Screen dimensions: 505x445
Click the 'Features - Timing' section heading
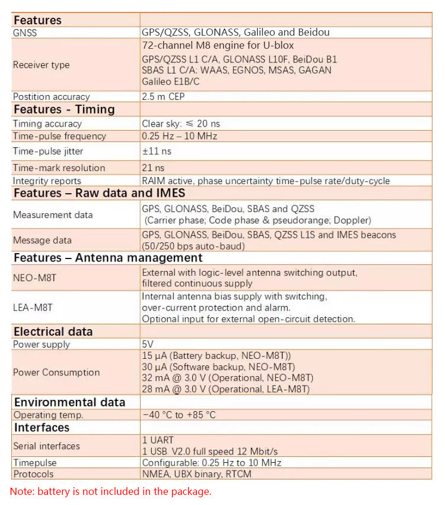pyautogui.click(x=64, y=109)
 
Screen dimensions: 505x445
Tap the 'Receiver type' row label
pyautogui.click(x=42, y=65)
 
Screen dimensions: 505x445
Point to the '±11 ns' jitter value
pyautogui.click(x=157, y=151)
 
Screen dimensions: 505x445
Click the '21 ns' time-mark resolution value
pyautogui.click(x=153, y=168)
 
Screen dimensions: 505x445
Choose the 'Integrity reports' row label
pyautogui.click(x=47, y=181)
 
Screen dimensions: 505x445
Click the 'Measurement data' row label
pyautogui.click(x=53, y=214)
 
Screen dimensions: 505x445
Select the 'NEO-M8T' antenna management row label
pyautogui.click(x=36, y=277)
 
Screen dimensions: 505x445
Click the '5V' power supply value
pyautogui.click(x=148, y=344)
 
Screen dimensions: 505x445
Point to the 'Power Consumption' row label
pyautogui.click(x=56, y=373)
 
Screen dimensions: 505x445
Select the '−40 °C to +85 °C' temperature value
pyautogui.click(x=179, y=415)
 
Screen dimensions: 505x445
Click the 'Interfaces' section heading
pyautogui.click(x=42, y=428)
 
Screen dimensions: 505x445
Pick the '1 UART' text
pyautogui.click(x=158, y=440)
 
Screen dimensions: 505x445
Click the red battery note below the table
pyautogui.click(x=110, y=491)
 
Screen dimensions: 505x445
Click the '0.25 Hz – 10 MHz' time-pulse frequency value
pyautogui.click(x=179, y=136)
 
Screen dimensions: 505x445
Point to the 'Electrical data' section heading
pyautogui.click(x=53, y=332)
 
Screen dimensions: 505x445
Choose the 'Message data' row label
pyautogui.click(x=42, y=240)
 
